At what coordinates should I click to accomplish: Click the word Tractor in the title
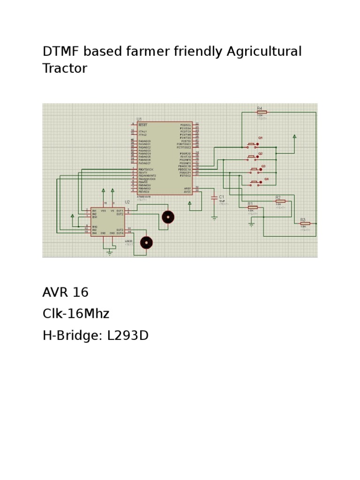click(65, 68)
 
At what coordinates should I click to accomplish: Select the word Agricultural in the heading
click(264, 51)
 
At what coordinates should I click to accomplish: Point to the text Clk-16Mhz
click(76, 314)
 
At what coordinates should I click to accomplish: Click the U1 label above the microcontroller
click(139, 119)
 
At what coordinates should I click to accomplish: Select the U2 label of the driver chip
click(127, 202)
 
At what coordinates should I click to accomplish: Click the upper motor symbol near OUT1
click(168, 217)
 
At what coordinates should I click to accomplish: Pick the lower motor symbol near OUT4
click(147, 242)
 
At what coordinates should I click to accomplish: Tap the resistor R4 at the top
click(262, 112)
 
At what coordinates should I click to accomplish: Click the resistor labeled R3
click(305, 224)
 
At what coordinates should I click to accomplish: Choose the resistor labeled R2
click(280, 201)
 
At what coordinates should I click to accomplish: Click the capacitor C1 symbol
click(214, 198)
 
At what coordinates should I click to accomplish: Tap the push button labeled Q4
click(256, 182)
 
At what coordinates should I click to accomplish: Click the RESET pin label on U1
click(143, 125)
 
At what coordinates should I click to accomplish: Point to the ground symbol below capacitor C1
click(214, 217)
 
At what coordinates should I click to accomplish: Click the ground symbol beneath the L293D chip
click(110, 252)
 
